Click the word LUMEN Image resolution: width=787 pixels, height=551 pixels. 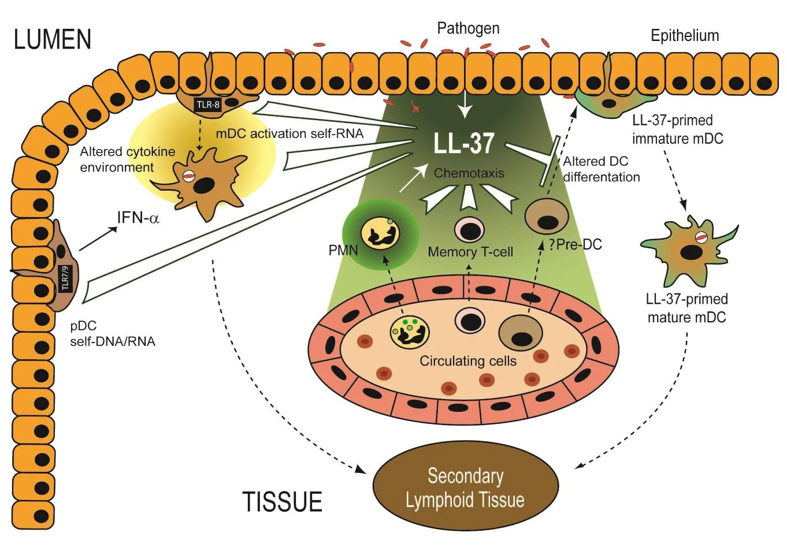53,39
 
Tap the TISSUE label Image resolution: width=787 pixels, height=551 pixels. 283,501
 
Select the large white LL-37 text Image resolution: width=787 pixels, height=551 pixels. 464,143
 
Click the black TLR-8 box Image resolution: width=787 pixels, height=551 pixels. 208,105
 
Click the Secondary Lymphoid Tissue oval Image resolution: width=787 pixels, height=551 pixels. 466,486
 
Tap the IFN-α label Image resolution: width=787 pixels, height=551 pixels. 138,218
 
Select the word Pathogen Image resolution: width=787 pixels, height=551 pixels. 468,28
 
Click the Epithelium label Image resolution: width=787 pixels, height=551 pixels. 685,36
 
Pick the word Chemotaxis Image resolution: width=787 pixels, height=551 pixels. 469,173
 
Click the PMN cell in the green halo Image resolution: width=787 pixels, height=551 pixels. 380,233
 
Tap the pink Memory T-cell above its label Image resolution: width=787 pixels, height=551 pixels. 469,230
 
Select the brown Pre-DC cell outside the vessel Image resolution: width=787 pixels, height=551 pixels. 547,216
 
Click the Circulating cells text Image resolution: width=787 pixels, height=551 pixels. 468,361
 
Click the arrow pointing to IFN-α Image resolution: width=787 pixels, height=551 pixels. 98,239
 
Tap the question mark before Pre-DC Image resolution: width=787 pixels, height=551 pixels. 552,244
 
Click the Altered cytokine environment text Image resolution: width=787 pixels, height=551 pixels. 128,159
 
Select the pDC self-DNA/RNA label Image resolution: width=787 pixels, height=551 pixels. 113,334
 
